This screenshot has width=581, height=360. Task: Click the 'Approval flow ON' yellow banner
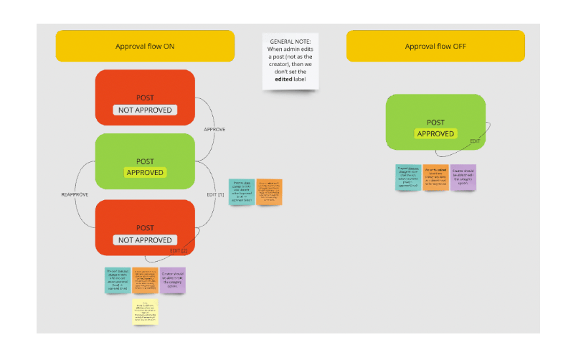[145, 46]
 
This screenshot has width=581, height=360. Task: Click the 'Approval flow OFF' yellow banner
[435, 46]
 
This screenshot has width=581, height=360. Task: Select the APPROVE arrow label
[214, 130]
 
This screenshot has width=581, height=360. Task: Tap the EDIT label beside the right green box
[475, 141]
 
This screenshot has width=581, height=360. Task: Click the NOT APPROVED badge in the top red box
[145, 110]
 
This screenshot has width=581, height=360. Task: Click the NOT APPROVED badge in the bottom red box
[145, 240]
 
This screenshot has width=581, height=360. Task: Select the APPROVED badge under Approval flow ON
[145, 173]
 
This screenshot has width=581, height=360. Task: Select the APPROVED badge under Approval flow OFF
[435, 133]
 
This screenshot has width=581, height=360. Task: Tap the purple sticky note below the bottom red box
[171, 280]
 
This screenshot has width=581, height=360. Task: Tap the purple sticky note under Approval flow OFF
[463, 177]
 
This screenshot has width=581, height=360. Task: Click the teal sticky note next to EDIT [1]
[241, 191]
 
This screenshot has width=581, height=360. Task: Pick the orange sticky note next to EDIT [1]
[269, 191]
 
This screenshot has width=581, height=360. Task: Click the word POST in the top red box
[145, 98]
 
